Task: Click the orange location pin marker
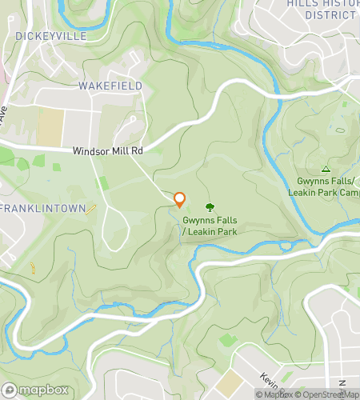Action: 180,200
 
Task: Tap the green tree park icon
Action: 210,207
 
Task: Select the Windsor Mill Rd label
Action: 107,150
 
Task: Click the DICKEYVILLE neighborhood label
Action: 50,36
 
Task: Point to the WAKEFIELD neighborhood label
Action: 110,86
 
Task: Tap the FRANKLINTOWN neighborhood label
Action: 43,208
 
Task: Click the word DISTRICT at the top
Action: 330,15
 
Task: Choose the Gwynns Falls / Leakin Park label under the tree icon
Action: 210,226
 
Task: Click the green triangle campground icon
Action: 326,169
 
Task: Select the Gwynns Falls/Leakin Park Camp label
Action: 324,187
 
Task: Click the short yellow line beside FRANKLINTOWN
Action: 91,210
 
